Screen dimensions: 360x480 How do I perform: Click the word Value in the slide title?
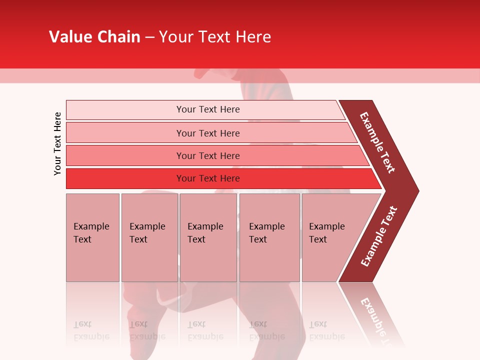[x=70, y=37]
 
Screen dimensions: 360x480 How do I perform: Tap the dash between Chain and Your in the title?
[x=149, y=37]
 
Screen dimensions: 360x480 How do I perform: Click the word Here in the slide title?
[x=252, y=37]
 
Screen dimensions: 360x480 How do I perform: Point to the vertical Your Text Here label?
[x=57, y=143]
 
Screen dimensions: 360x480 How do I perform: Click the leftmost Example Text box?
[x=92, y=237]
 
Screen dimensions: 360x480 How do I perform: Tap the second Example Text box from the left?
[x=149, y=237]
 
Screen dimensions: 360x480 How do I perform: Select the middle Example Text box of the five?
[x=208, y=237]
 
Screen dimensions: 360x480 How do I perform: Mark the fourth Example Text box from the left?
[x=269, y=237]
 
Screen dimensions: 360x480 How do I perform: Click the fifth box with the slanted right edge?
[x=332, y=237]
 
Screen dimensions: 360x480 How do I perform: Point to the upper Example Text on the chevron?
[x=377, y=142]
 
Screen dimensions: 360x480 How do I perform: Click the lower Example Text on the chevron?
[x=379, y=236]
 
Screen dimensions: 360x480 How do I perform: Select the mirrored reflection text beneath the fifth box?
[x=326, y=330]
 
